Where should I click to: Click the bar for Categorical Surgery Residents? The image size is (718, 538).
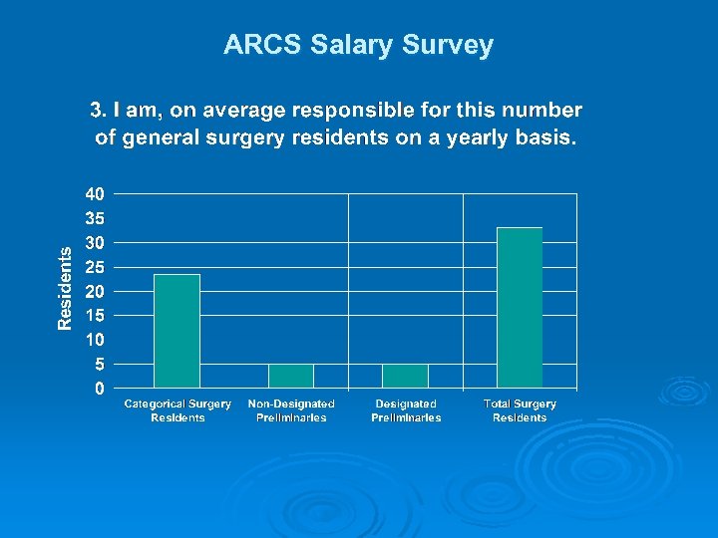pos(177,331)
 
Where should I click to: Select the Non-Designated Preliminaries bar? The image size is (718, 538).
pos(291,376)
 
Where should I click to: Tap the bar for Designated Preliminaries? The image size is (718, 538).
pos(405,376)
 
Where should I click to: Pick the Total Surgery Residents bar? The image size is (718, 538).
pos(520,308)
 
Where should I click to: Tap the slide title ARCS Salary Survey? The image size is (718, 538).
pos(358,45)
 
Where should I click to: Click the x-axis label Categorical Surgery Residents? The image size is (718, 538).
pos(178,410)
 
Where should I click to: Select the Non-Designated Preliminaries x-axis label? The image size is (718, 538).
pos(291,410)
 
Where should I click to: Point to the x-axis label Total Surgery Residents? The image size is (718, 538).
pos(520,410)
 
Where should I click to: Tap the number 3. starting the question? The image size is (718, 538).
pos(98,111)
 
